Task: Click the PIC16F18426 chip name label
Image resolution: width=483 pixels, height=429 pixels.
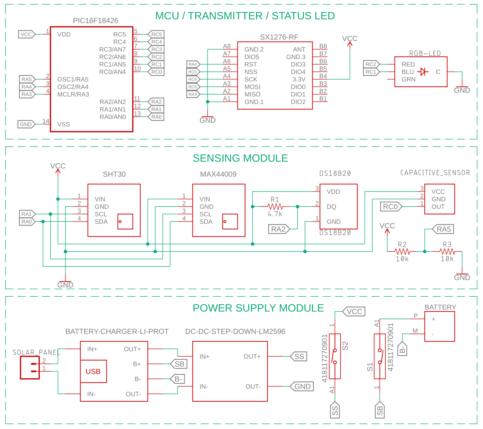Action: point(95,21)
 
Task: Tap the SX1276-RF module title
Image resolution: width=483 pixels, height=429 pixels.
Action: point(279,37)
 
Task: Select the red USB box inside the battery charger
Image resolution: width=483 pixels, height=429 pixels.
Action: point(93,371)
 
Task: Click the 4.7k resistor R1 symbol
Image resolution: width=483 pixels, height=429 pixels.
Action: point(275,206)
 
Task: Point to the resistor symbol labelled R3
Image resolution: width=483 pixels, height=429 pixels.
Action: point(447,251)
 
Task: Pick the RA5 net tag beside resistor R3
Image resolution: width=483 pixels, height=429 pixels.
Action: point(443,229)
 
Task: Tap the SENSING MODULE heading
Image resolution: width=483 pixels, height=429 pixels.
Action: point(240,158)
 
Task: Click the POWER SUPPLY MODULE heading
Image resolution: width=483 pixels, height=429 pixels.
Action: point(258,308)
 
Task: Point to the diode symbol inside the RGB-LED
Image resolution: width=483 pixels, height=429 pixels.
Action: point(423,72)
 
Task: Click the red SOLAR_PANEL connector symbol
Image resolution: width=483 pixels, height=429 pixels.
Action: point(30,368)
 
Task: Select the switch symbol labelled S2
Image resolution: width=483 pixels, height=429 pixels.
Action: point(335,356)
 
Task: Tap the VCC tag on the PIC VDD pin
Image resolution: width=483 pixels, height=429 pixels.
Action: point(26,34)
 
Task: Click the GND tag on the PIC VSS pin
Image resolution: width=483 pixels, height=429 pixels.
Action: point(26,124)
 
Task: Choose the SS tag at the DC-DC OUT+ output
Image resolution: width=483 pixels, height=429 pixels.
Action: point(299,356)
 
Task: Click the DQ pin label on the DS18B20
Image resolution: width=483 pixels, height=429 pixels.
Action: point(331,206)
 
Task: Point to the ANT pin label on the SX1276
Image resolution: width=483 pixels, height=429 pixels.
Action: point(299,49)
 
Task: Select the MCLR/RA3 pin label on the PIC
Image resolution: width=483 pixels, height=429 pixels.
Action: point(73,94)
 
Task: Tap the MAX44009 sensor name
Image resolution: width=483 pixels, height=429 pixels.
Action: point(218,174)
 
